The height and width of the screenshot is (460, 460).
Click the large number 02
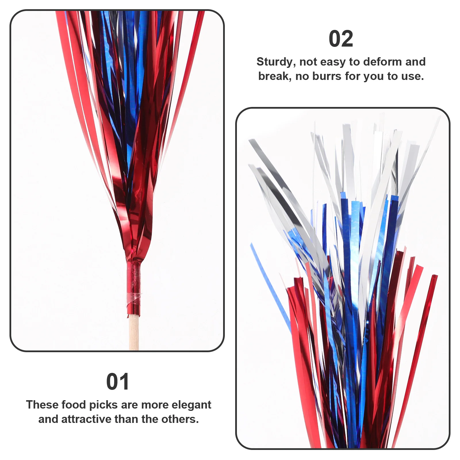(x=341, y=39)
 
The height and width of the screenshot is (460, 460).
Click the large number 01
(x=118, y=382)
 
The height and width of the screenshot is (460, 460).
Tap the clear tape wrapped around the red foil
(x=134, y=298)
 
